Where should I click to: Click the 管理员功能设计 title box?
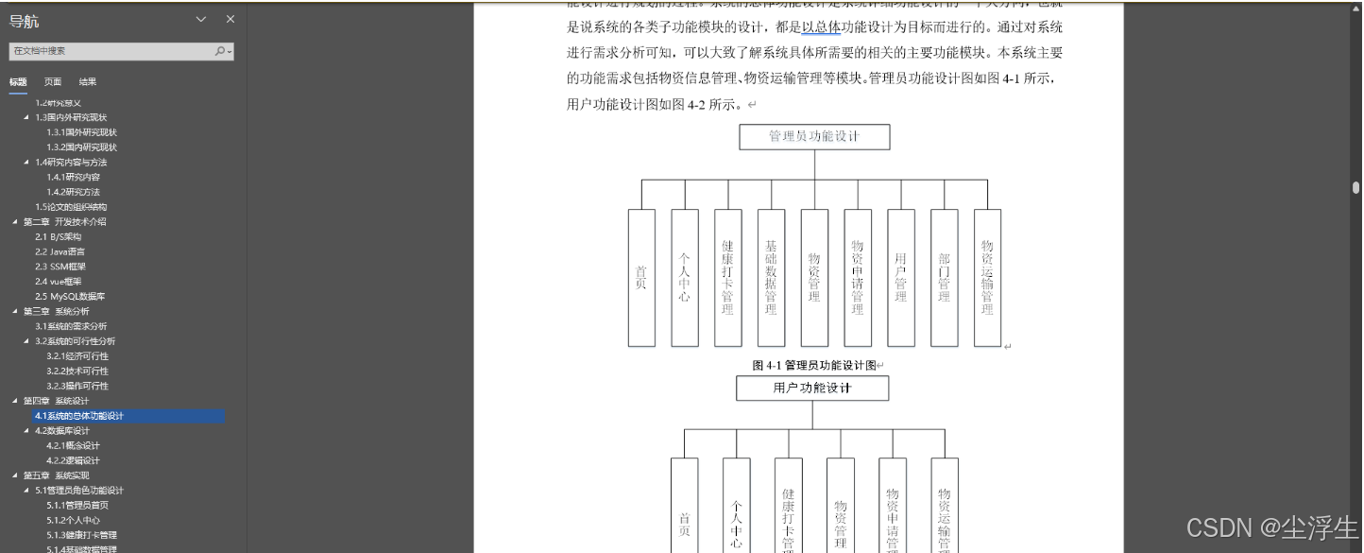pos(813,136)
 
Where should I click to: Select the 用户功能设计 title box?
pos(812,389)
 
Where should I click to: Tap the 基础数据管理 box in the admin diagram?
pos(771,277)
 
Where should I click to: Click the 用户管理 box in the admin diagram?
pos(900,277)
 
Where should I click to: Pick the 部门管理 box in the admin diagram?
pos(944,277)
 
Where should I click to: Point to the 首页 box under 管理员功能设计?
pos(641,277)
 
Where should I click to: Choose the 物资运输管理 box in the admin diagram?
pos(987,277)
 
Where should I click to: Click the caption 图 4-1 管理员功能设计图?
pos(814,365)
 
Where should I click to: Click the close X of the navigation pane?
pos(230,20)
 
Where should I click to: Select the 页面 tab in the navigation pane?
pos(53,82)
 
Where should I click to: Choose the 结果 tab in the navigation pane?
pos(88,82)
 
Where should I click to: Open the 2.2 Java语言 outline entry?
pos(60,251)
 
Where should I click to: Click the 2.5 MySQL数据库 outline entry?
pos(70,296)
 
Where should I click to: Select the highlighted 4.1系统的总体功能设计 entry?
pos(79,416)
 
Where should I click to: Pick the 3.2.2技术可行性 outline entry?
pos(77,371)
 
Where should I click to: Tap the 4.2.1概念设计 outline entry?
pos(73,445)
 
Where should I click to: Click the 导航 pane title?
pos(25,21)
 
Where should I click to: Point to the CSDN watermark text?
pos(1271,527)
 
